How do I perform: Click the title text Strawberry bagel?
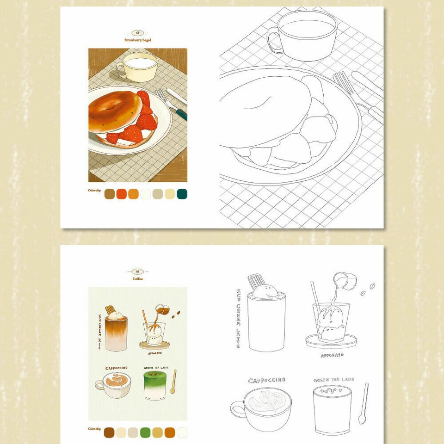138,40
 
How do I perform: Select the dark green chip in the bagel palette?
182,194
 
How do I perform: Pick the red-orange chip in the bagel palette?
122,194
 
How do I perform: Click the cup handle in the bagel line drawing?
274,40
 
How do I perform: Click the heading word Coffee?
137,279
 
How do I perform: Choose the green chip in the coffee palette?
145,432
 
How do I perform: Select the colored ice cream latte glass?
116,333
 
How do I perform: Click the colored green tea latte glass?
155,386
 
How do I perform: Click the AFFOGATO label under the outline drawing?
332,355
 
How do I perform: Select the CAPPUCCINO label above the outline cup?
267,380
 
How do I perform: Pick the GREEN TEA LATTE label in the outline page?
334,380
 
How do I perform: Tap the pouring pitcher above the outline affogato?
345,281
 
